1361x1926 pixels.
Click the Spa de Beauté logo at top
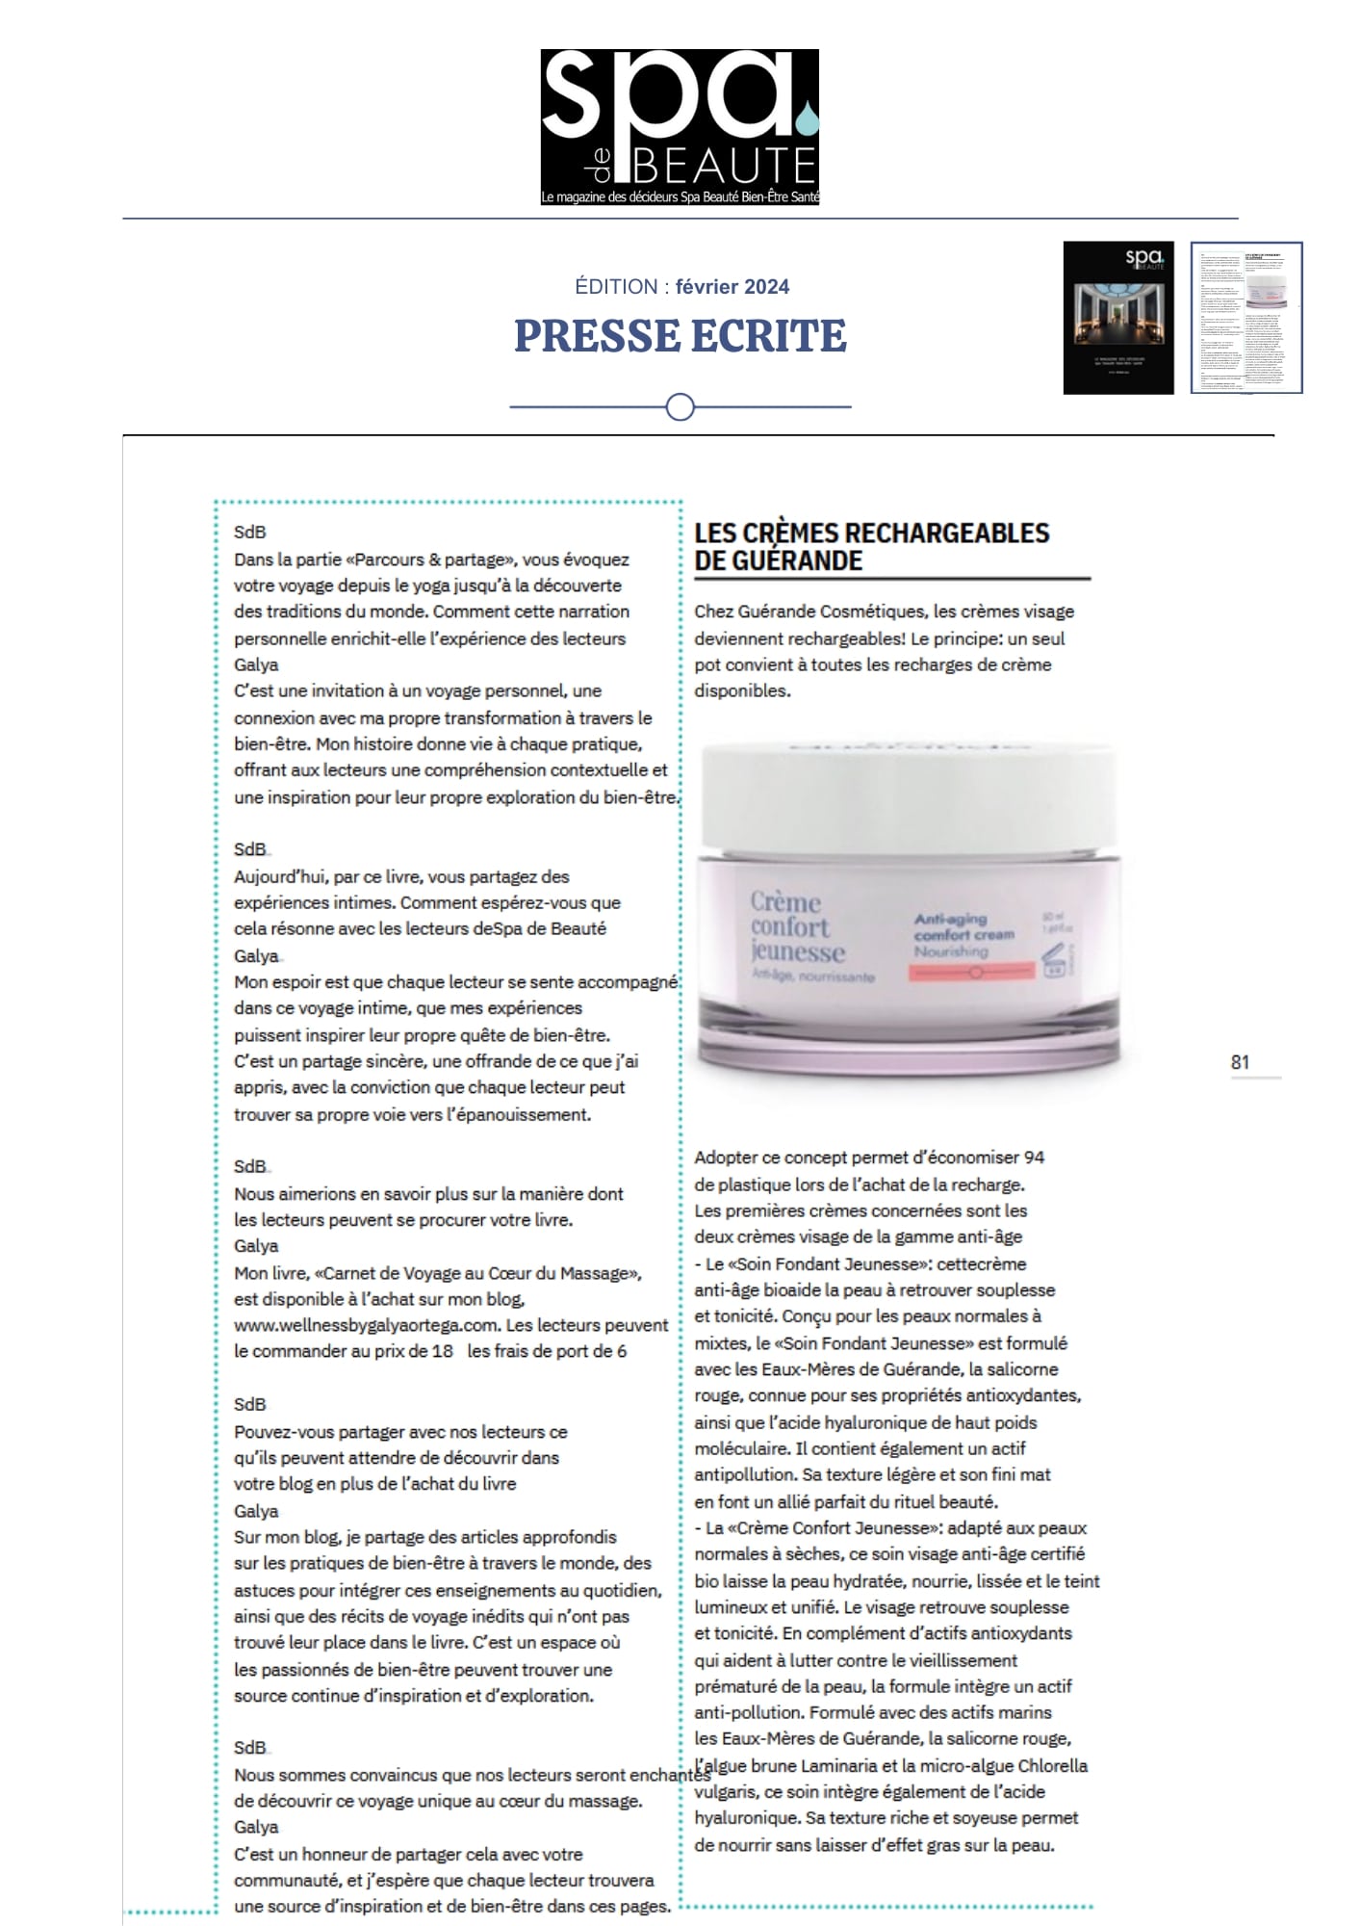[680, 126]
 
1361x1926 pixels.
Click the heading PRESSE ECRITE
[680, 335]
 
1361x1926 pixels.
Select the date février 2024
[732, 287]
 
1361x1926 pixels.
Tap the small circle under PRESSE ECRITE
[680, 407]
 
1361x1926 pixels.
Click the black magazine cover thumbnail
[1118, 317]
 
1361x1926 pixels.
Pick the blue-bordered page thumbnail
[1245, 317]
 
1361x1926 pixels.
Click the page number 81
[1240, 1062]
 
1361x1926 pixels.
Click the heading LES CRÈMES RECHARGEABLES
[871, 534]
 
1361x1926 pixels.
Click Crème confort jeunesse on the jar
[798, 927]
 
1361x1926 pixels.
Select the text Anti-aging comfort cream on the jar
[963, 926]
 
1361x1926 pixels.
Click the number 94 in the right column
[1034, 1157]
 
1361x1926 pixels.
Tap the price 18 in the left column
[442, 1351]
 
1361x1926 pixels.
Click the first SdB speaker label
[249, 532]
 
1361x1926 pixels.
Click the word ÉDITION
[616, 287]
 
